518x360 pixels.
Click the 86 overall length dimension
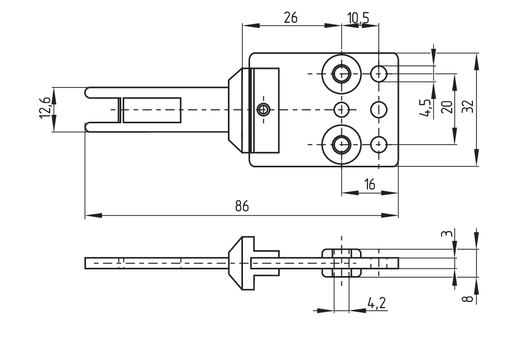tap(241, 206)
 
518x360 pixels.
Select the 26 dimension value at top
tap(291, 18)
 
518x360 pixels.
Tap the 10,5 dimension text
tap(358, 18)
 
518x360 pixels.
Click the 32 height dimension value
tap(468, 107)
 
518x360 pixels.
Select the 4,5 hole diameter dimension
tap(428, 107)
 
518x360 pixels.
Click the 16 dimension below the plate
tap(369, 184)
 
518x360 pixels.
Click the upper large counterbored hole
tap(341, 74)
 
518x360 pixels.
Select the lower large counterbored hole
tap(341, 144)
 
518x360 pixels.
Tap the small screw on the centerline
tap(264, 109)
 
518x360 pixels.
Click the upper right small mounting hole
tap(379, 74)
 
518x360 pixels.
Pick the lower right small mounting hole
tap(379, 144)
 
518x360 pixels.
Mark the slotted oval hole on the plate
tap(380, 109)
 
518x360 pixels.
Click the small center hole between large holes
tap(341, 109)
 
